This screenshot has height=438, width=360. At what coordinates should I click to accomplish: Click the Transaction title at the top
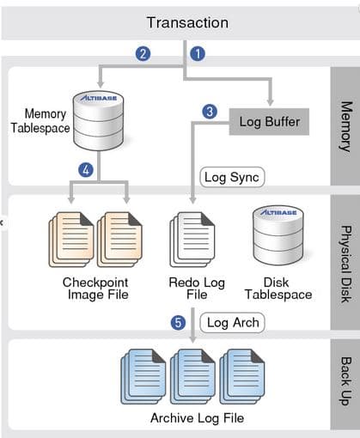coord(187,22)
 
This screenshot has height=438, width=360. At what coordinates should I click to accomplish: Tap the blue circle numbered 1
coord(198,53)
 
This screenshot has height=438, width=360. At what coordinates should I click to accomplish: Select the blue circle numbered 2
coord(144,53)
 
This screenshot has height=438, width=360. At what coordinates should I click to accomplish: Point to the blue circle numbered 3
coord(209,110)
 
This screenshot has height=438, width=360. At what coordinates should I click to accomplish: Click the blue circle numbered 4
coord(85,170)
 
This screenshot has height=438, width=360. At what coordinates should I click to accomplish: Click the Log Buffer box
coord(269,122)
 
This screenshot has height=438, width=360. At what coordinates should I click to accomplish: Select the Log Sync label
coord(231,178)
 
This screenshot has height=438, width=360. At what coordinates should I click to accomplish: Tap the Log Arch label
coord(232,324)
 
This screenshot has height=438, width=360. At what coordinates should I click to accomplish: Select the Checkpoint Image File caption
coord(95,289)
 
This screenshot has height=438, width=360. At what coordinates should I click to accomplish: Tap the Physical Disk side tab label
coord(345,262)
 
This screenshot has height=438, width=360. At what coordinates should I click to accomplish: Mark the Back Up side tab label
coord(345,382)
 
